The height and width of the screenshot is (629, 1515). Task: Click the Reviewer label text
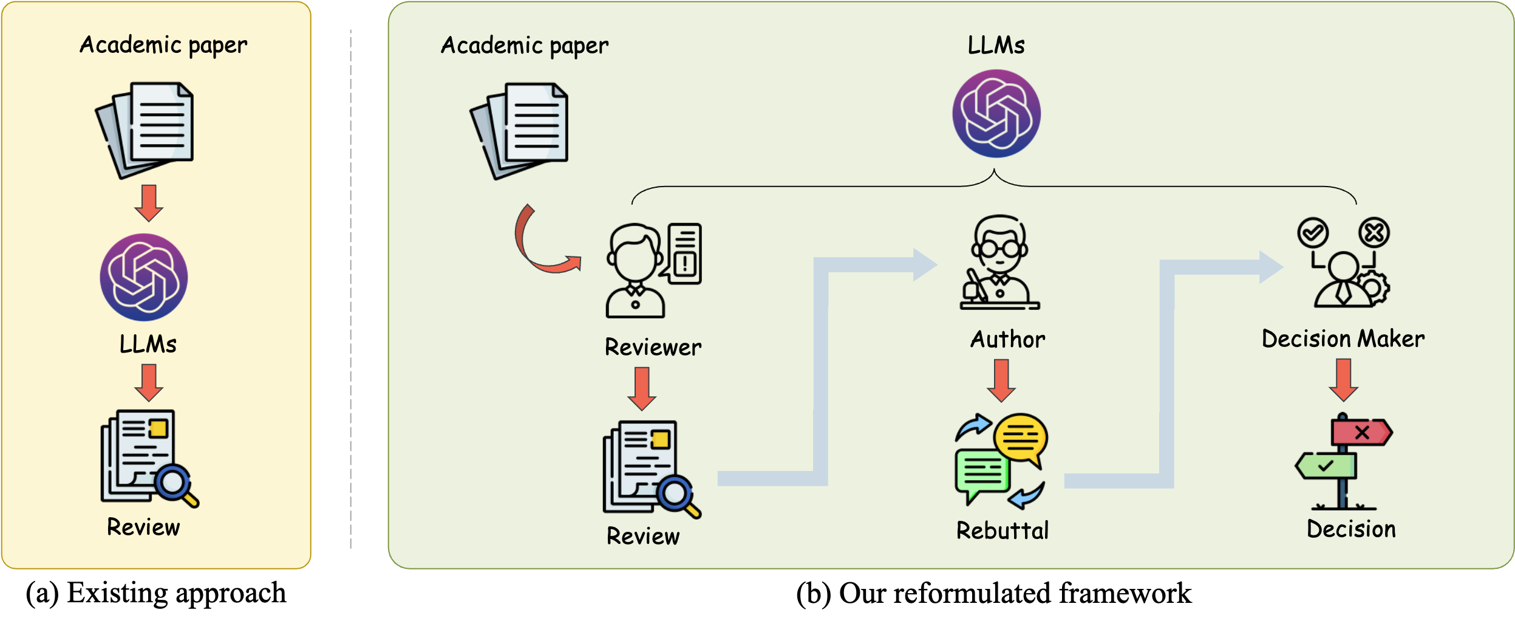(x=653, y=347)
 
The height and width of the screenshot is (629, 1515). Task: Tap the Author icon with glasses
(x=999, y=262)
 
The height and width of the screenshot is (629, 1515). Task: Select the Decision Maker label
(x=1343, y=339)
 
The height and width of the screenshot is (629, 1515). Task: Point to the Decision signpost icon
(x=1344, y=461)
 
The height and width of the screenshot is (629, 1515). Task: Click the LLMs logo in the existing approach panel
(x=144, y=277)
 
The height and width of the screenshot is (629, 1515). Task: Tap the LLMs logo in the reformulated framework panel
(x=996, y=114)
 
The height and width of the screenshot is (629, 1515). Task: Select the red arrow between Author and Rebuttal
(x=1001, y=380)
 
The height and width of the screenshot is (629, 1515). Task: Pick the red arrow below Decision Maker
(x=1344, y=380)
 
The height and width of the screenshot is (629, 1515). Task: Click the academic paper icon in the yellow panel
(x=145, y=130)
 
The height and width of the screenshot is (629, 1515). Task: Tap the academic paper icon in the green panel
(x=519, y=131)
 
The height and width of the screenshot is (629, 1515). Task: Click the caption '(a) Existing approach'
(x=155, y=593)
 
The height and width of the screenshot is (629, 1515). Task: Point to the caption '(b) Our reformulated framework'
(x=994, y=594)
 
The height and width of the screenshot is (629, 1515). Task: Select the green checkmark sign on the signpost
(x=1326, y=466)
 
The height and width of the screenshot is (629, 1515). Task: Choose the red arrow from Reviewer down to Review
(x=642, y=389)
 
